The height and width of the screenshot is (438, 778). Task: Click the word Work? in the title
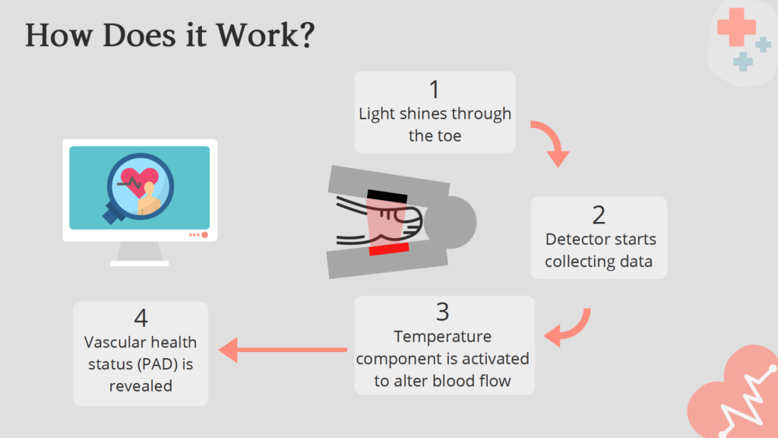click(265, 35)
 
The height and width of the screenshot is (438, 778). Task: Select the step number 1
click(434, 90)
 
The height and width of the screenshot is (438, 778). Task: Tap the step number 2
click(599, 215)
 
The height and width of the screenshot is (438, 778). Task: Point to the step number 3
click(443, 312)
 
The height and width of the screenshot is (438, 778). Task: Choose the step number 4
click(141, 319)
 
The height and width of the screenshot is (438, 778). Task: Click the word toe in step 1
click(448, 135)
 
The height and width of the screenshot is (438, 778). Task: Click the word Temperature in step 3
click(443, 337)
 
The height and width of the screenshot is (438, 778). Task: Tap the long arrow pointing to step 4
click(283, 350)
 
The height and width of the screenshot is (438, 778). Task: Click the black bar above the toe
click(387, 195)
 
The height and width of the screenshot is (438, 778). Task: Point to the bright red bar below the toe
click(389, 249)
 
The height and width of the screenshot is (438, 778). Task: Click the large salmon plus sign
click(736, 27)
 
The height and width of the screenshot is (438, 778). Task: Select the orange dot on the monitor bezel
click(204, 235)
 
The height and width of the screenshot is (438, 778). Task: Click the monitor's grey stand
click(140, 253)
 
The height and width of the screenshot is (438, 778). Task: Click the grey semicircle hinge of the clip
click(457, 222)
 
